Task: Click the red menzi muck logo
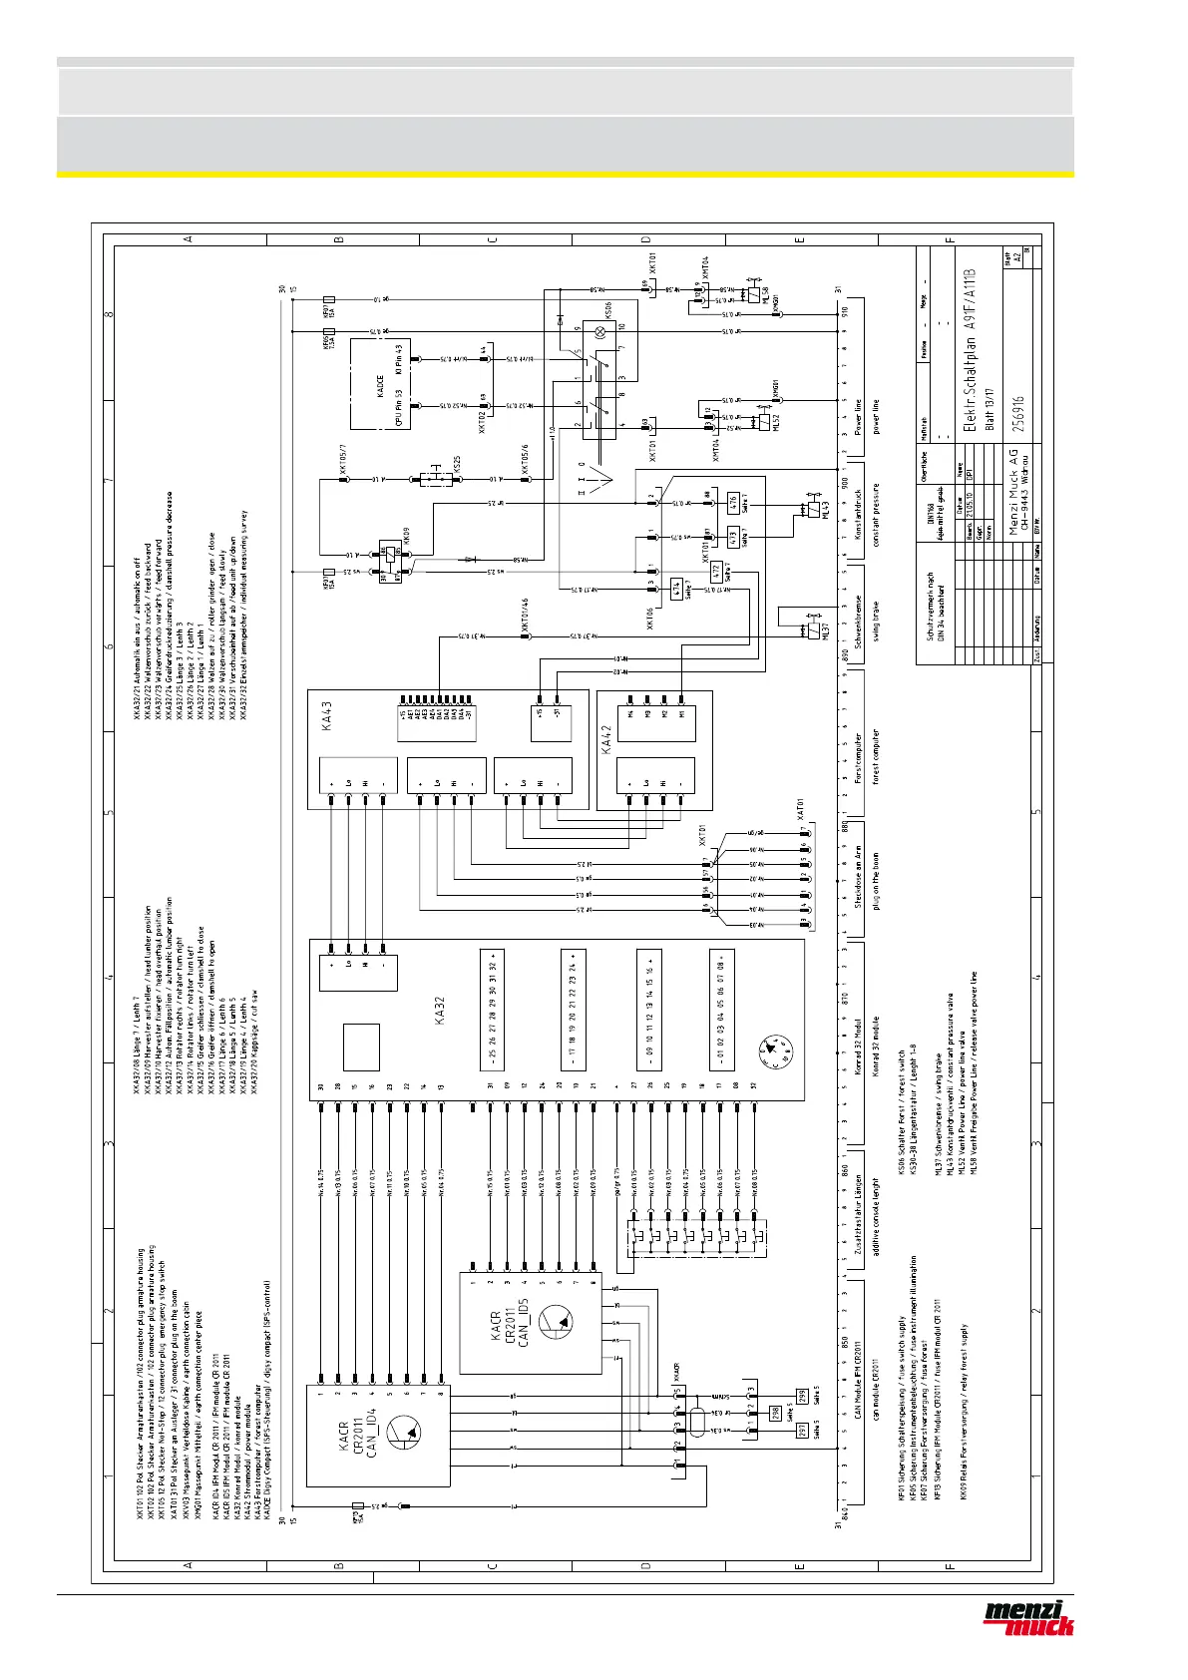pos(1028,1617)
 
